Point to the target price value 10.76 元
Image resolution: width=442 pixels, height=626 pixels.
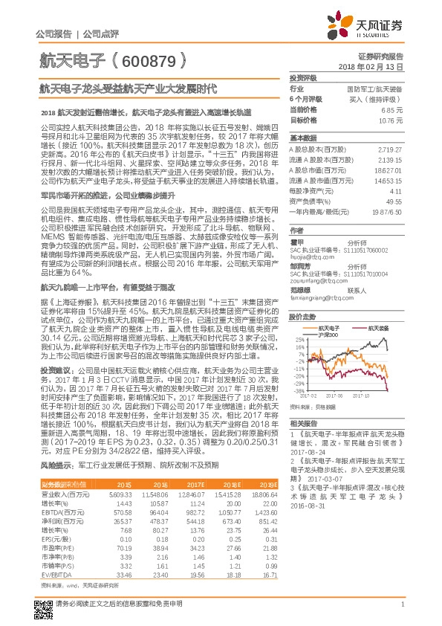pyautogui.click(x=391, y=119)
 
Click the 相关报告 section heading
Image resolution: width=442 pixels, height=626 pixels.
pyautogui.click(x=303, y=422)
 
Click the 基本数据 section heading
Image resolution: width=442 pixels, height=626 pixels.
pyautogui.click(x=303, y=138)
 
